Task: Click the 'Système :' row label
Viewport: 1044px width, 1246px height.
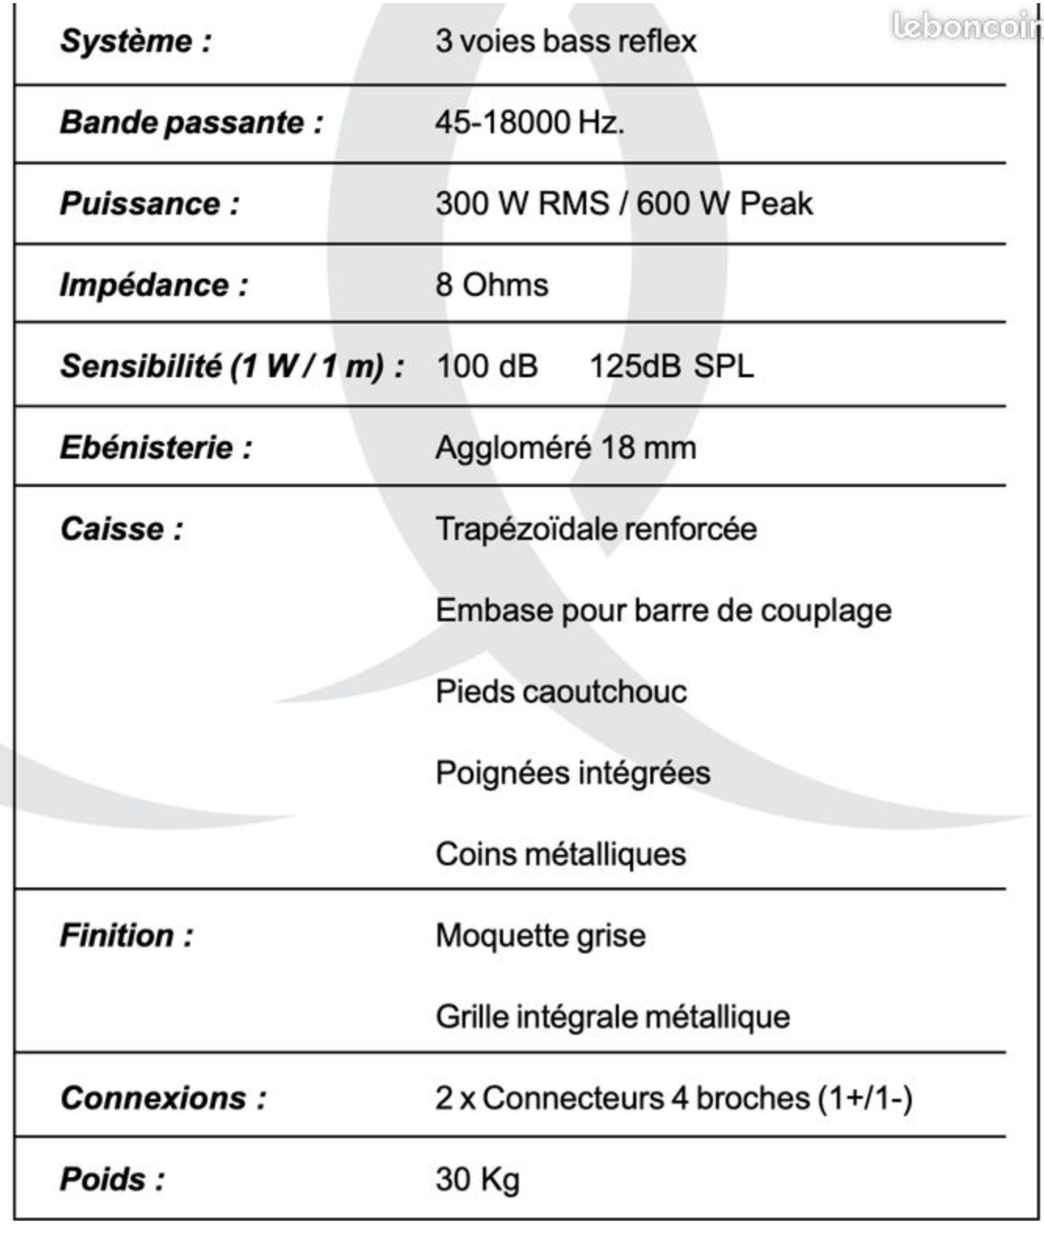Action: click(135, 41)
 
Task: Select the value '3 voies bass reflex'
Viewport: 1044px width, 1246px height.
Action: click(565, 41)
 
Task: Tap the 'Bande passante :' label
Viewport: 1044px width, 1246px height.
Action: click(191, 123)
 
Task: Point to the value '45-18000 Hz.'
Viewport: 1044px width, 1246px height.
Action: click(530, 123)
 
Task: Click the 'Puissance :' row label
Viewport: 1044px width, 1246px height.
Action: click(149, 204)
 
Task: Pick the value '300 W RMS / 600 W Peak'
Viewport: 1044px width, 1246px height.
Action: click(624, 204)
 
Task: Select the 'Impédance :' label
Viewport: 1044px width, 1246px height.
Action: click(153, 286)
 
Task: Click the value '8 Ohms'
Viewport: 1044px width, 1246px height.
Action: click(491, 286)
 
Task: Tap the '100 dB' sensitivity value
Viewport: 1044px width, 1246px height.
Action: click(487, 367)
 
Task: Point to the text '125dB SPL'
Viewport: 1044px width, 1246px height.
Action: click(671, 367)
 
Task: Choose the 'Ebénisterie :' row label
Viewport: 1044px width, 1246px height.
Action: click(156, 448)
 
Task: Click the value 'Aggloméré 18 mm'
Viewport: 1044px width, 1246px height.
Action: click(565, 448)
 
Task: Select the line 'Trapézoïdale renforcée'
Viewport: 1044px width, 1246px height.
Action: click(596, 530)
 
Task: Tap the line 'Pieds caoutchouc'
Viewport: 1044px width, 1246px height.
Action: click(560, 693)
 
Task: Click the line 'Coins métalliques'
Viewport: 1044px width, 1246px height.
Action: click(560, 855)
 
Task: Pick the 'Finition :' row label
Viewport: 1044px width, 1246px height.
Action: click(126, 936)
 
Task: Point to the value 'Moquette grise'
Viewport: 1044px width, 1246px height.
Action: click(540, 936)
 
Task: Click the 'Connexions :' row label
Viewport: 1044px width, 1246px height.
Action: click(163, 1099)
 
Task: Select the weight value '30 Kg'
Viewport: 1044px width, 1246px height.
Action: click(477, 1180)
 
